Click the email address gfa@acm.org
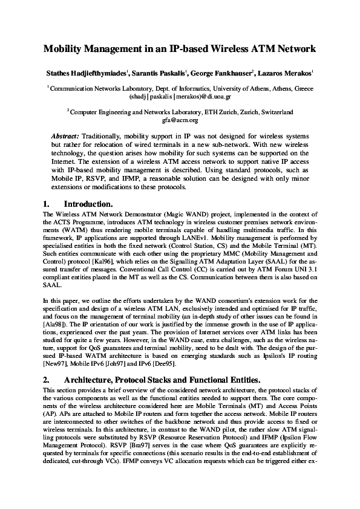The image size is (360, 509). (x=180, y=120)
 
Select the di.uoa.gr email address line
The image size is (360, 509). (x=180, y=96)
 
